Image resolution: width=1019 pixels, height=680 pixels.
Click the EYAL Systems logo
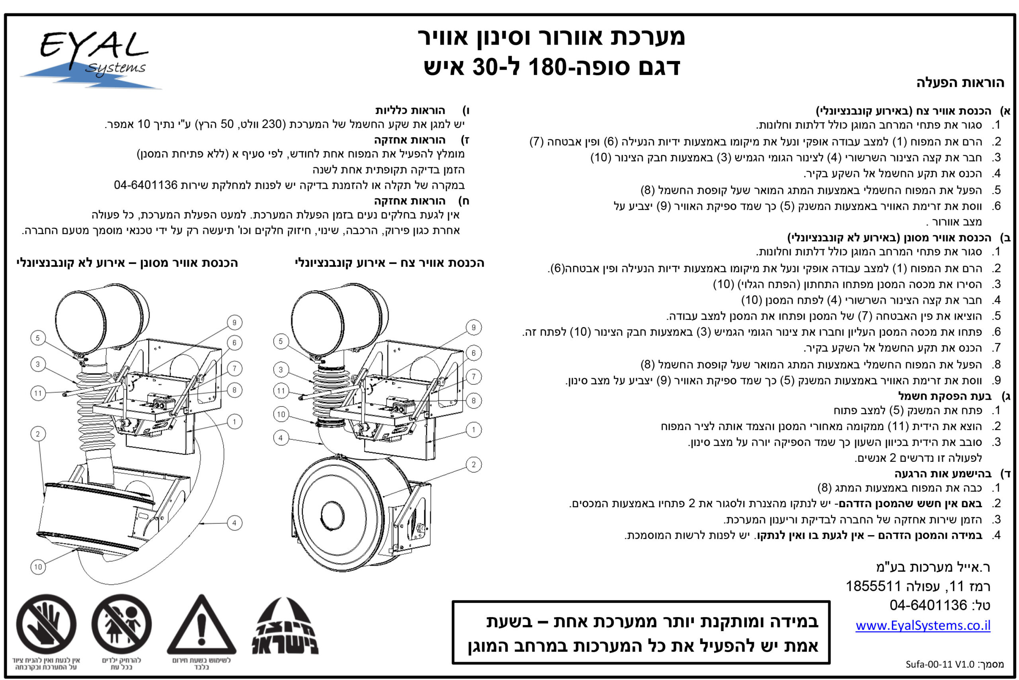91,59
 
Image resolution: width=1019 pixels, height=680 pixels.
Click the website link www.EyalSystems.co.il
922,625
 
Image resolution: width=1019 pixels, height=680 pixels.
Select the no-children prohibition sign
121,625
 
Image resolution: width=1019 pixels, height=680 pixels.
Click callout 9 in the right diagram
474,327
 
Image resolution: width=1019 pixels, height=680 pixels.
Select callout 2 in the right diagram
474,465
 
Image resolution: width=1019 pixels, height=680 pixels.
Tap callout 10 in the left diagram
38,567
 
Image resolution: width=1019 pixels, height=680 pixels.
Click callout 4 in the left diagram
234,523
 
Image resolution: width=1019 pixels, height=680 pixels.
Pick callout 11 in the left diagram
38,393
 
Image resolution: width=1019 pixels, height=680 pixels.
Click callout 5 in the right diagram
281,341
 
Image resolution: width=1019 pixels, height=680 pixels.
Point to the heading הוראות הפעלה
960,82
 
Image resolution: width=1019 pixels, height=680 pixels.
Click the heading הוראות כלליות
410,110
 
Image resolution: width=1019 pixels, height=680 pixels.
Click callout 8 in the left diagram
234,390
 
